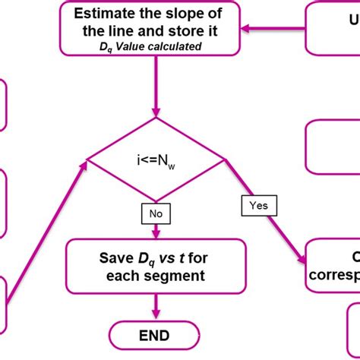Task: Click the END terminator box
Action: (x=155, y=335)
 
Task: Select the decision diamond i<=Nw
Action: (x=156, y=160)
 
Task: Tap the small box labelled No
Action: (x=156, y=213)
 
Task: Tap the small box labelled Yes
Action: (x=259, y=205)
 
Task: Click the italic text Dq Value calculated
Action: (x=156, y=48)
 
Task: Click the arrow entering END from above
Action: (x=155, y=305)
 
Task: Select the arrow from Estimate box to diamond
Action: (x=155, y=87)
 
